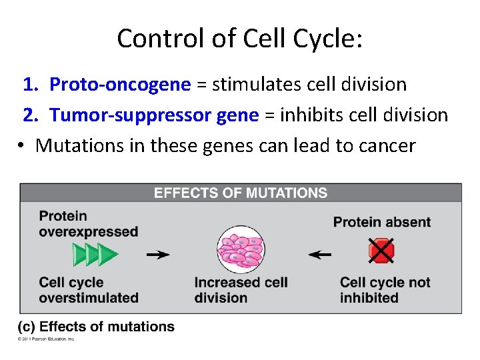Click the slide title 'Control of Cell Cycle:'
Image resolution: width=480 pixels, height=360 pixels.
[x=240, y=39]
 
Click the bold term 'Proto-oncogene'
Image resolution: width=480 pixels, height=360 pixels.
[x=121, y=85]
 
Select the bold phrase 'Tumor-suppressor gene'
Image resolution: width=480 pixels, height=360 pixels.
[x=154, y=115]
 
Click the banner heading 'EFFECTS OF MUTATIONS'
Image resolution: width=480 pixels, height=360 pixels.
[x=241, y=193]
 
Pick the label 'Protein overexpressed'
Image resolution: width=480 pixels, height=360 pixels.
[x=88, y=223]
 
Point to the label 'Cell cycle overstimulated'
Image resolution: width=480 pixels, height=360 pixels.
[x=88, y=290]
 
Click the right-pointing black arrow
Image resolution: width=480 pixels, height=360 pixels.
[x=158, y=255]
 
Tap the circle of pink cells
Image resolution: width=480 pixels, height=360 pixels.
[x=240, y=251]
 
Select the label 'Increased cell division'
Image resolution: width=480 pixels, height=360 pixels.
[x=241, y=290]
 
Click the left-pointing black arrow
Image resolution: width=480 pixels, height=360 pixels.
[x=321, y=255]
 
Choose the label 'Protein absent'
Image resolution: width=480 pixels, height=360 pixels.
[x=381, y=222]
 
